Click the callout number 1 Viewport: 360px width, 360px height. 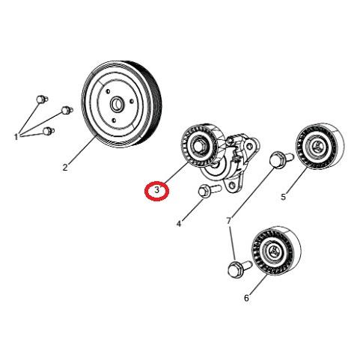point(16,137)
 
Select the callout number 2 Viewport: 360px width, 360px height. point(65,167)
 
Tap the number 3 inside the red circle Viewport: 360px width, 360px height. point(157,190)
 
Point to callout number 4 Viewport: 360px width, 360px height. point(179,224)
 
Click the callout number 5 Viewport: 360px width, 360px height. point(283,197)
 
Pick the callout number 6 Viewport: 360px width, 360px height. point(246,298)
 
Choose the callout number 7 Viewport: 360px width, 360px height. point(229,221)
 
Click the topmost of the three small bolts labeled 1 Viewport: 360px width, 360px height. point(42,100)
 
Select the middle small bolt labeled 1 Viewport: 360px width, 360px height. point(67,110)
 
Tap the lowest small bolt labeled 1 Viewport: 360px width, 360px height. point(49,131)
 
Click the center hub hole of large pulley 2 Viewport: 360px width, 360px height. point(116,105)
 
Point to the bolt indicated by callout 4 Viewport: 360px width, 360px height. point(209,191)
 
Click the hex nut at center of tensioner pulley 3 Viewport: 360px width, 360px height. point(199,145)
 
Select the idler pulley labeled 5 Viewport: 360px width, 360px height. point(320,146)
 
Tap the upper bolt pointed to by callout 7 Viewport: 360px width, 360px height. point(281,159)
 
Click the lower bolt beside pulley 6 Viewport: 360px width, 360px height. point(240,268)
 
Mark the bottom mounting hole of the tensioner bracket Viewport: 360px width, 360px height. point(233,185)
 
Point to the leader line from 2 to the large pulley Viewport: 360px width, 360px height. point(82,149)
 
